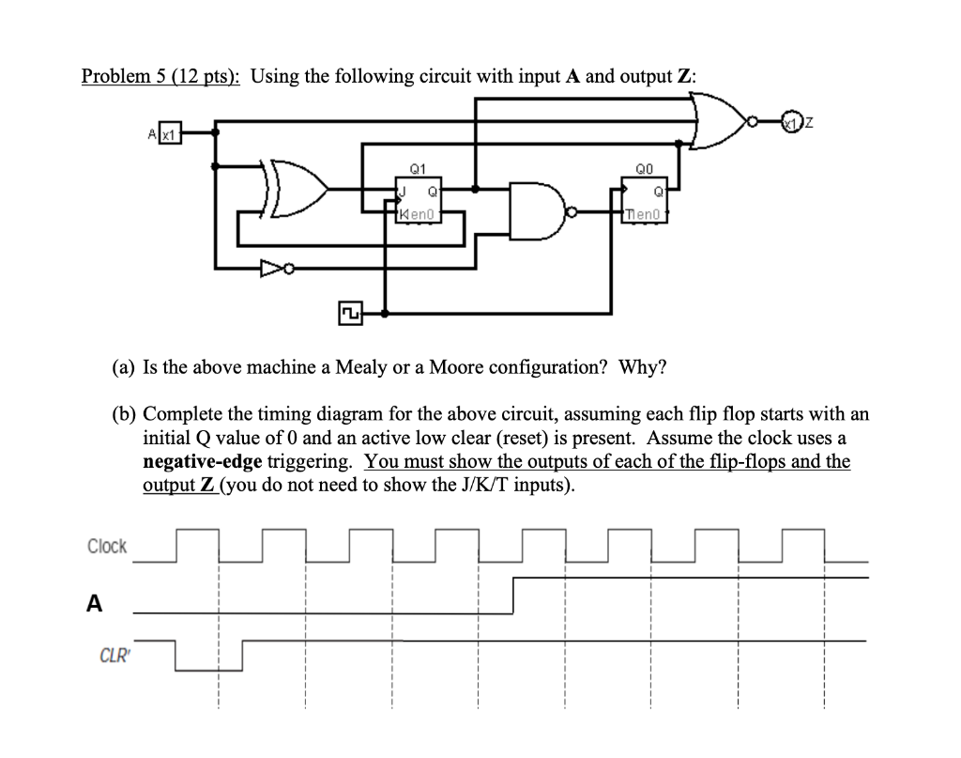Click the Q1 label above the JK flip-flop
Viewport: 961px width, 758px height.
point(419,170)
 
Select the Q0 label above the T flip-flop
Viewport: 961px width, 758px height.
point(644,170)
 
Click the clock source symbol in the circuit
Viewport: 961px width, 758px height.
point(350,312)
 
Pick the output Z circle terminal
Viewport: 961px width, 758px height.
point(798,122)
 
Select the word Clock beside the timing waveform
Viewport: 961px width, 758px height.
point(107,546)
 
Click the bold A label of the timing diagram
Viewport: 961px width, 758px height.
point(93,605)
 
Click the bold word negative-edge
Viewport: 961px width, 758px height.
point(201,461)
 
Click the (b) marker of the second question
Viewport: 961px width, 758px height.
point(122,414)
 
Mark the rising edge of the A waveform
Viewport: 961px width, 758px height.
point(514,595)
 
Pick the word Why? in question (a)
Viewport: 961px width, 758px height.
point(642,365)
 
